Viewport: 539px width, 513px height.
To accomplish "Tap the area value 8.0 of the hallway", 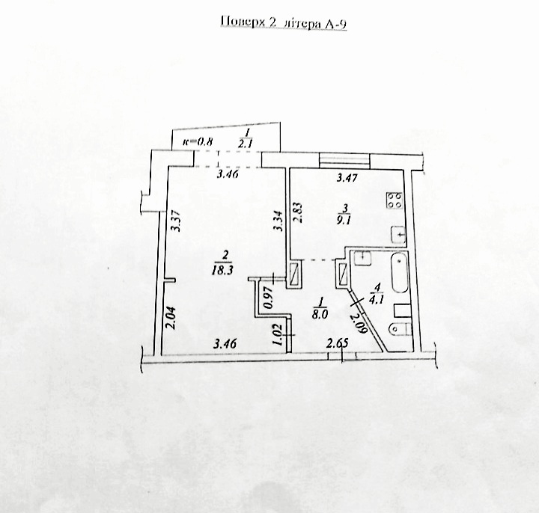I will (320, 316).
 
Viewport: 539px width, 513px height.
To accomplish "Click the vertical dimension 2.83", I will (297, 212).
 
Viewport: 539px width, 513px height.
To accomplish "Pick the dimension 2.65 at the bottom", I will (337, 343).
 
